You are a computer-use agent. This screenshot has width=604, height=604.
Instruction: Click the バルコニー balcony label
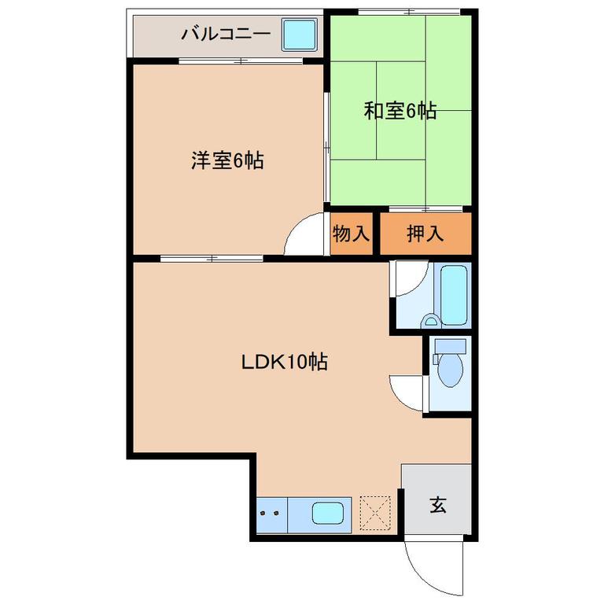point(226,34)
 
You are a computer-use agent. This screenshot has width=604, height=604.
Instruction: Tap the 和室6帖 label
point(400,111)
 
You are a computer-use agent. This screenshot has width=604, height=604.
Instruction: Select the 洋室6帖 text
point(227,160)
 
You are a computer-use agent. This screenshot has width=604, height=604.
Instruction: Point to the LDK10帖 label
point(285,362)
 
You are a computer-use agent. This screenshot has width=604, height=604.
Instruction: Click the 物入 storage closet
point(351,234)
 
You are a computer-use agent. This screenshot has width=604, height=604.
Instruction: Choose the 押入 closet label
point(425,234)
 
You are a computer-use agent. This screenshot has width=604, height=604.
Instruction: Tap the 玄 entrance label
point(437,505)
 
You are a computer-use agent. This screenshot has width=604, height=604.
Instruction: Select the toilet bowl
point(451,370)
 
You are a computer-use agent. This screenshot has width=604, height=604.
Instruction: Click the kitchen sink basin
point(328,513)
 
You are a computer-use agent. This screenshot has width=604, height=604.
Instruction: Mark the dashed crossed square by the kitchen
point(375,514)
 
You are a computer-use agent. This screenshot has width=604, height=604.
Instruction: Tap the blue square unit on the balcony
point(299,35)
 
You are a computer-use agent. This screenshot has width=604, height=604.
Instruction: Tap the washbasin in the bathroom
point(429,321)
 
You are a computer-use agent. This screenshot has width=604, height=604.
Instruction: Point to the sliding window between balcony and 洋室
point(241,61)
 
